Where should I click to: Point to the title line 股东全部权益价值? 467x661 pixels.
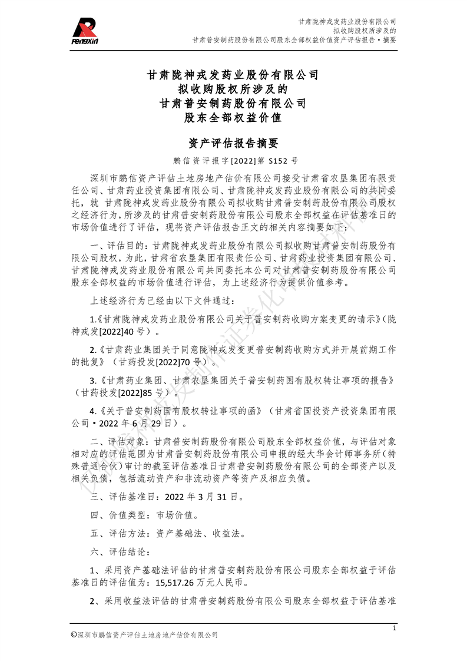coord(233,117)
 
